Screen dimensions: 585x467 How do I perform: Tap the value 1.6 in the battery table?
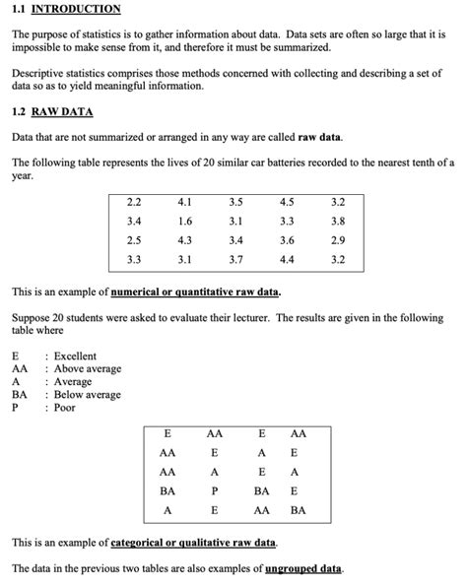(x=185, y=221)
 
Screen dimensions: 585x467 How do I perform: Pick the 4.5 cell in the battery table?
(x=287, y=202)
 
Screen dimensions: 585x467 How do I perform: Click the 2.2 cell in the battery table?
(x=134, y=202)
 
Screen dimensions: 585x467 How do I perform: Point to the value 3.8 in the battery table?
(x=338, y=221)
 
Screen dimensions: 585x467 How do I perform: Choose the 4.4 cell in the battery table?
(x=287, y=259)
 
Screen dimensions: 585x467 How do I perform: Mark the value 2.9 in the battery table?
(x=338, y=240)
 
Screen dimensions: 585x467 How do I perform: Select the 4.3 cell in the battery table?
(x=185, y=240)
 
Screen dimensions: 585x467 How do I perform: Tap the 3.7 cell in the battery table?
(x=235, y=259)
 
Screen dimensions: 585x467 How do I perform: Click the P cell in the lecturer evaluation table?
(x=214, y=490)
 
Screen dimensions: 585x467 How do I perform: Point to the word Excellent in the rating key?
(x=75, y=356)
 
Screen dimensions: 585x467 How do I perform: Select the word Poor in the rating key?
(x=65, y=408)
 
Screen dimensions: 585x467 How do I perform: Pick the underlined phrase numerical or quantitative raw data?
(x=195, y=292)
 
